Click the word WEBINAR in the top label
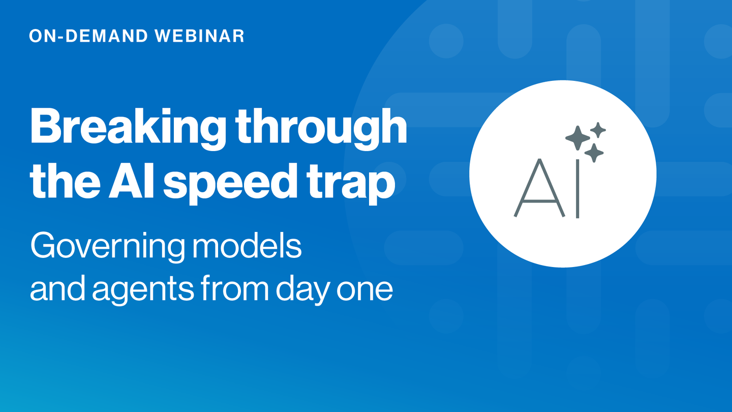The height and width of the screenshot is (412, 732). pyautogui.click(x=200, y=36)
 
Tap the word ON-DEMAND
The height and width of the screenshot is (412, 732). pyautogui.click(x=88, y=36)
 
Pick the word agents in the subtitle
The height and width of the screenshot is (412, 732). pyautogui.click(x=143, y=289)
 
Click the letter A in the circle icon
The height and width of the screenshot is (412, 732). pyautogui.click(x=539, y=188)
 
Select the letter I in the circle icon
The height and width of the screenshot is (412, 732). pyautogui.click(x=577, y=188)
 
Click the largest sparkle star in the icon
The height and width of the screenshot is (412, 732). pyautogui.click(x=577, y=138)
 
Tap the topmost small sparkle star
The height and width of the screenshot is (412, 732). pyautogui.click(x=598, y=130)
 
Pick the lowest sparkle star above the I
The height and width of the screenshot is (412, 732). pyautogui.click(x=594, y=153)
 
